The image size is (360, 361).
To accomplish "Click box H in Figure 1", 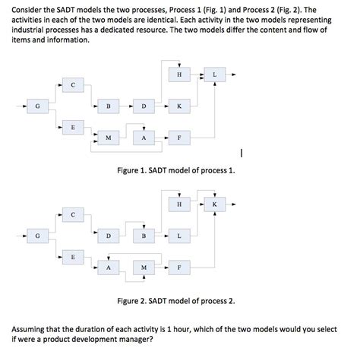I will coord(178,74).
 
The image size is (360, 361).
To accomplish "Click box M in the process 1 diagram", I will coord(108,138).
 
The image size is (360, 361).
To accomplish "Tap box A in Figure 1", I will coord(144,138).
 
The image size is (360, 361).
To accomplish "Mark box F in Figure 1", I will coord(178,138).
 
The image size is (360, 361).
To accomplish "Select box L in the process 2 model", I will coord(178,236).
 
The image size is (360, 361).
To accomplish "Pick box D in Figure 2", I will coord(108,236).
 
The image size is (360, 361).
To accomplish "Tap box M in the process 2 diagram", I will coord(144,268).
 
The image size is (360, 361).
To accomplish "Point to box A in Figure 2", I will coord(108,268).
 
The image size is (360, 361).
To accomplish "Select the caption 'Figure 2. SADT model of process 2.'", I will coord(181,302).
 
